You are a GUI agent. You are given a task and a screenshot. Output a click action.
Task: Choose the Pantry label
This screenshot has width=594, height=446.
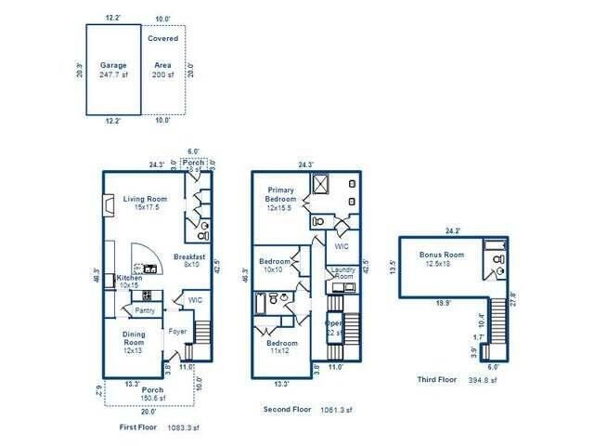145,310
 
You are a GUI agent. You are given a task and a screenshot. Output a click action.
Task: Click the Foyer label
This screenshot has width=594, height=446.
177,331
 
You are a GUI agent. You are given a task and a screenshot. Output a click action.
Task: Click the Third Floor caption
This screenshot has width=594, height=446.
436,380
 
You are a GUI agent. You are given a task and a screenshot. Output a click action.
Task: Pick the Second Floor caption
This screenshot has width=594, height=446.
288,409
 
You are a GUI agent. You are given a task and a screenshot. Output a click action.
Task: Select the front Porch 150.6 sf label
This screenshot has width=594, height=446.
151,394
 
